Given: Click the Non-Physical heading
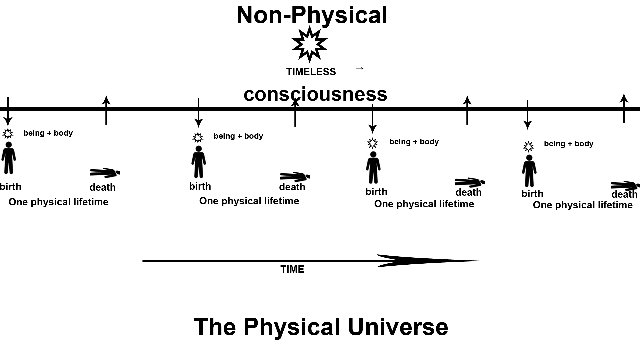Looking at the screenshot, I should [x=312, y=15].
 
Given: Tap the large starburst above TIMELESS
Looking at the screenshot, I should [x=309, y=44].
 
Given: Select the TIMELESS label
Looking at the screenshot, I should [x=311, y=72].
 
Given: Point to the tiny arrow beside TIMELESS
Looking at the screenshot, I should [x=360, y=68].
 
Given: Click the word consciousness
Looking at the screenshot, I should [x=315, y=94].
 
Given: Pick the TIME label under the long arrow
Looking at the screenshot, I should [x=292, y=269].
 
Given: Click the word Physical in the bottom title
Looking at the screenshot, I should [x=292, y=327].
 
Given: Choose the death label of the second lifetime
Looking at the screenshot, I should [x=292, y=187].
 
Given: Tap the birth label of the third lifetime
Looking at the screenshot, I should [x=376, y=192].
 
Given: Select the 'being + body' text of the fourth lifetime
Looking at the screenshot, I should [x=569, y=144].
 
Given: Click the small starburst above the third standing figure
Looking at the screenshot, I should [x=372, y=143].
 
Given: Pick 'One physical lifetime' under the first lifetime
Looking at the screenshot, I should [x=58, y=202].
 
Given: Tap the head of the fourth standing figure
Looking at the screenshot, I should [x=529, y=158].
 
